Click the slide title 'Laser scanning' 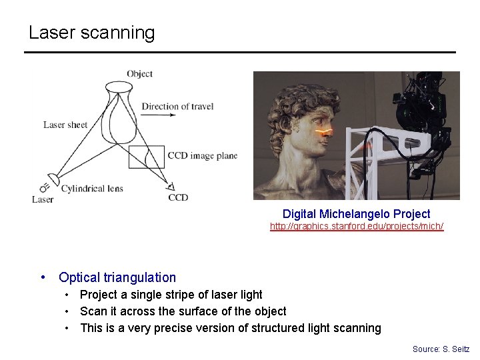(x=91, y=33)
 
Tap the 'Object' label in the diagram (x=139, y=73)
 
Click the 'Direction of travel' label (x=177, y=106)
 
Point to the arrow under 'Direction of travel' (x=159, y=115)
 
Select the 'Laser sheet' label (x=65, y=125)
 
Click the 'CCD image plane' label (x=202, y=156)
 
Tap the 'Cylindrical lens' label (x=92, y=189)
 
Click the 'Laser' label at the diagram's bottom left (x=43, y=199)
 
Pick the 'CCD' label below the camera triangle (x=178, y=197)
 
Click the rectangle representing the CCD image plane (x=146, y=157)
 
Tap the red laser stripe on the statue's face (x=324, y=132)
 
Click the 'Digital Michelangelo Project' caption (x=356, y=214)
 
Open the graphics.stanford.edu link (x=356, y=227)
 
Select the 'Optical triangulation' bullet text (x=117, y=277)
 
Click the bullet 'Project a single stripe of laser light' (x=171, y=295)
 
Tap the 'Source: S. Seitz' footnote (x=441, y=349)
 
